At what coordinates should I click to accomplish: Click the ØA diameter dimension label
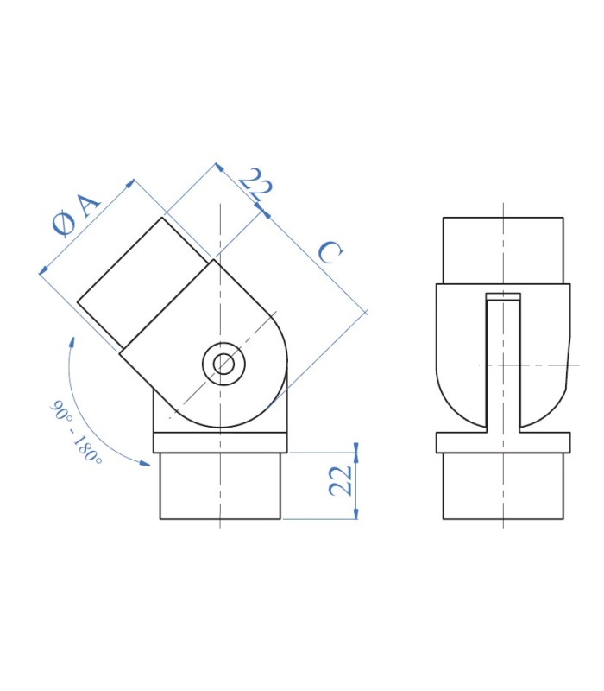pyautogui.click(x=76, y=214)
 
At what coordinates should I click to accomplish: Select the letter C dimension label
pyautogui.click(x=330, y=252)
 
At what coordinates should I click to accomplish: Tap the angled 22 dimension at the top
pyautogui.click(x=255, y=184)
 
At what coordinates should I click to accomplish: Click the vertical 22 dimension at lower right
pyautogui.click(x=340, y=480)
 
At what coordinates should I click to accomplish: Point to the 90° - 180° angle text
pyautogui.click(x=76, y=432)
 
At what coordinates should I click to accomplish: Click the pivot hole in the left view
pyautogui.click(x=223, y=364)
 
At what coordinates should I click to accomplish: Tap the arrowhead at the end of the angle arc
pyautogui.click(x=144, y=463)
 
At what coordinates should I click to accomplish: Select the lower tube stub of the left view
pyautogui.click(x=220, y=486)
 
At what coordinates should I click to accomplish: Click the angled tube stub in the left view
pyautogui.click(x=144, y=282)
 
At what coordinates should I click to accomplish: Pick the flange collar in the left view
pyautogui.click(x=220, y=443)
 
